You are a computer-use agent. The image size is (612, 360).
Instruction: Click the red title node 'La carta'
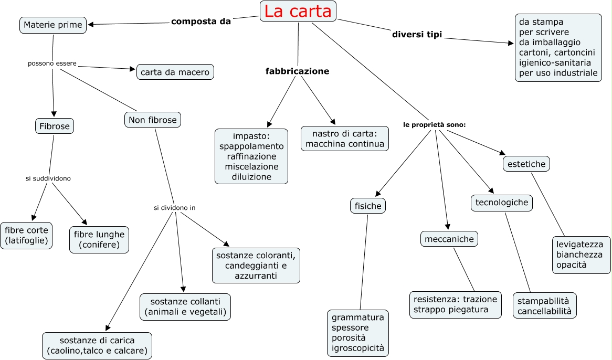tap(298, 12)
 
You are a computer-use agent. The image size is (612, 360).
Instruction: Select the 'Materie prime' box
tap(53, 25)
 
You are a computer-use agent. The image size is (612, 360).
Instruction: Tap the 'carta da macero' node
tap(175, 72)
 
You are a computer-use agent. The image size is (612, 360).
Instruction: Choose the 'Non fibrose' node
tap(153, 120)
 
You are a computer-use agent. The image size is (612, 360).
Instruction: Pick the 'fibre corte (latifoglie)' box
tap(26, 236)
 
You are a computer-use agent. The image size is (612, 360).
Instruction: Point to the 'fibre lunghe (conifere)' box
tap(99, 239)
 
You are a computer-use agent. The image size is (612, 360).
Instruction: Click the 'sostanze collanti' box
tap(185, 307)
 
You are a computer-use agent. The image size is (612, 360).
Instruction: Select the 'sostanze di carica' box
tap(97, 345)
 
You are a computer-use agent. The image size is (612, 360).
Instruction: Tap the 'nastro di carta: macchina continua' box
tap(345, 139)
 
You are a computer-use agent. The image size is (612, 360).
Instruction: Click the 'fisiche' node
tap(368, 206)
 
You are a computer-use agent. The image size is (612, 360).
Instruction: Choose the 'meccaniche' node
tap(449, 239)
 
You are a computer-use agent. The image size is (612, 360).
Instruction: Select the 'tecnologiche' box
tap(502, 203)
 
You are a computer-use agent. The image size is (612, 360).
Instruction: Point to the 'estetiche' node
tap(526, 164)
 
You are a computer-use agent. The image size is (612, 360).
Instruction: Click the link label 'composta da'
tap(201, 22)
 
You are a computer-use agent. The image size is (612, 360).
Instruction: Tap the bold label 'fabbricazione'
tap(297, 71)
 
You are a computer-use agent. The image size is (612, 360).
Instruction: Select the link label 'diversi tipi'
tap(417, 35)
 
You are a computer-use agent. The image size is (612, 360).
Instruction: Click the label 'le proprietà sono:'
tap(435, 125)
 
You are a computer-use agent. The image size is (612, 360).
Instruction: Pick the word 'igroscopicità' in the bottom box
tap(358, 347)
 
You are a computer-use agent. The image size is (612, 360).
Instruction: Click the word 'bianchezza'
tap(579, 255)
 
